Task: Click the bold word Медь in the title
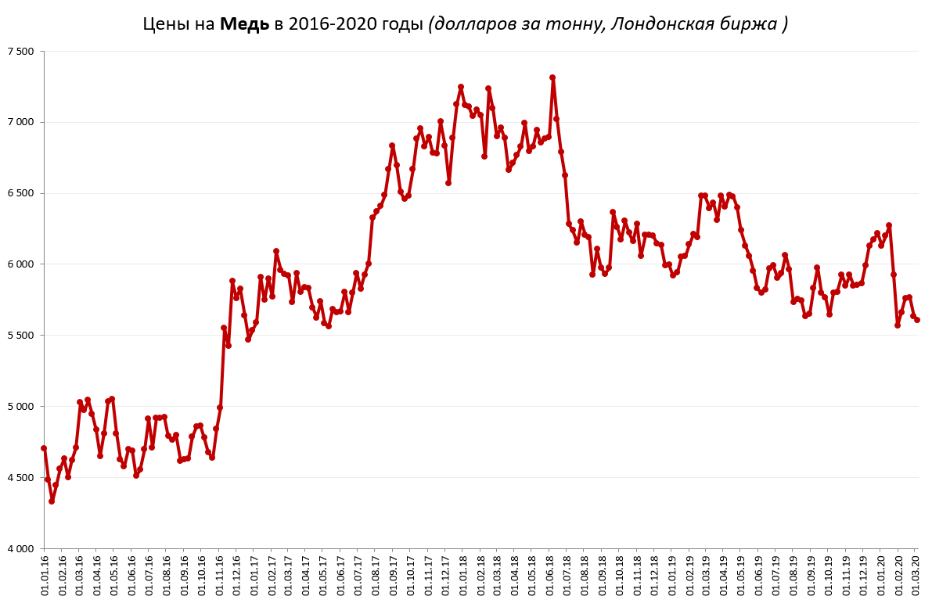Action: (244, 24)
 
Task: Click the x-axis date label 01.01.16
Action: (45, 577)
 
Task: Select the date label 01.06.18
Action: (552, 577)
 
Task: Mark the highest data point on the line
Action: (552, 77)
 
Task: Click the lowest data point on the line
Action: (52, 501)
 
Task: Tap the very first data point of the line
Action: (44, 448)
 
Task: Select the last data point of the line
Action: (917, 319)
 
